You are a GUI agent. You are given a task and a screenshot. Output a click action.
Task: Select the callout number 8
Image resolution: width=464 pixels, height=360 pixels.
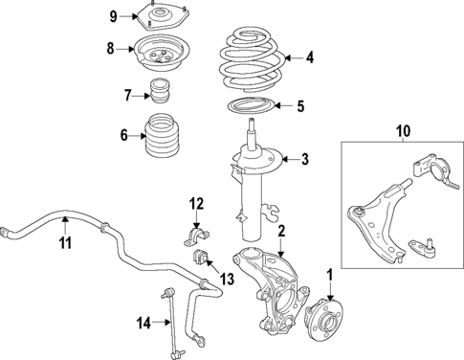point(111,48)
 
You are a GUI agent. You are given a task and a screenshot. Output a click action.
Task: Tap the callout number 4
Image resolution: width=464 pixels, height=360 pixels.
point(309,57)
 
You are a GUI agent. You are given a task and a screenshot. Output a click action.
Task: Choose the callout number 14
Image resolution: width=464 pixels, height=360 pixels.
point(144,324)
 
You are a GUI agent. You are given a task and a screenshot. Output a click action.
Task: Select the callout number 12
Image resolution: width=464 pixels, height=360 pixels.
point(195,203)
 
